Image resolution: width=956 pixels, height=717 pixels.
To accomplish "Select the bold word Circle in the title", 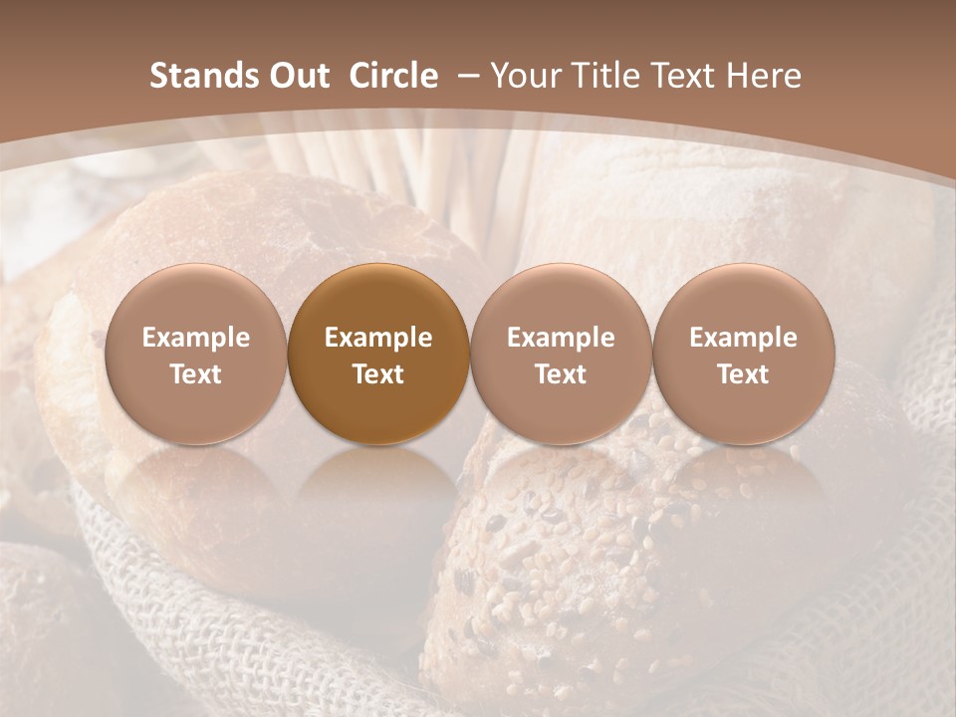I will [393, 76].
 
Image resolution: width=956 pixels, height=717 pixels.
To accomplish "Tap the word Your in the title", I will [526, 76].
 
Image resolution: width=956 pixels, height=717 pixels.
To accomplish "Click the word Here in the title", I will [765, 76].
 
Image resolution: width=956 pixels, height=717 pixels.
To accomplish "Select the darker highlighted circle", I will [378, 355].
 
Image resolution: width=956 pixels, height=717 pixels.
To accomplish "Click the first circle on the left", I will [196, 355].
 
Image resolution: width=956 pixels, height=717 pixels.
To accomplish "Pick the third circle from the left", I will [561, 355].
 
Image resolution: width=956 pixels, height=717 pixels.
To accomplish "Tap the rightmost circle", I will [744, 355].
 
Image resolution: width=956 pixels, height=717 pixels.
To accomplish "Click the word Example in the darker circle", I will [378, 338].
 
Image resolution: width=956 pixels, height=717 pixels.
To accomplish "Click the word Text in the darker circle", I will [378, 374].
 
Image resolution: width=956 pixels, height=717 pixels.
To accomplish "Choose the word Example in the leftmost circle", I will [196, 338].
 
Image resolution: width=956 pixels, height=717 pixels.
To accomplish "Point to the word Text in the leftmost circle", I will [196, 374].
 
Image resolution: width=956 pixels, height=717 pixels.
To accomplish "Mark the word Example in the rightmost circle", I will [744, 338].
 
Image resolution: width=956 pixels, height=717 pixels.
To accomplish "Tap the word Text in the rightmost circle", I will [744, 374].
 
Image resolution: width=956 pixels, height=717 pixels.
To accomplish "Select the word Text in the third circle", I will [561, 374].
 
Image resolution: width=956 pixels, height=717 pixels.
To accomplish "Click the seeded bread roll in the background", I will [578, 558].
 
